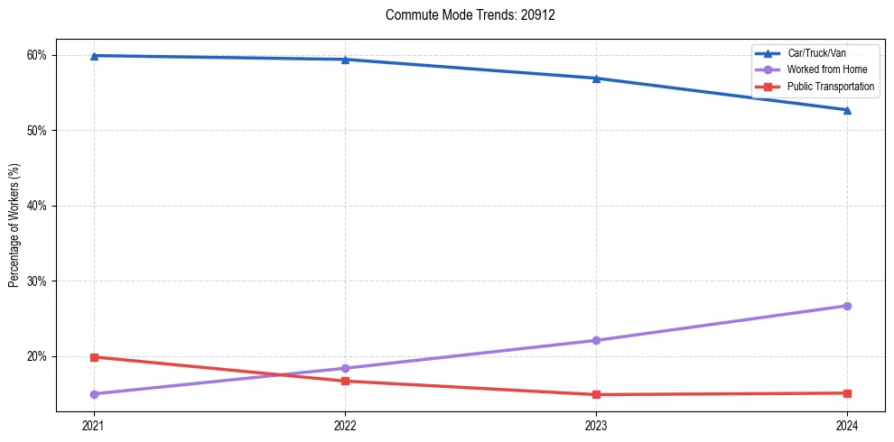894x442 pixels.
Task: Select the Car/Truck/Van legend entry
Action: click(816, 53)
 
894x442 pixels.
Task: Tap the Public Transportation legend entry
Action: click(830, 87)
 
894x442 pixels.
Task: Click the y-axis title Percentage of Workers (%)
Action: click(14, 225)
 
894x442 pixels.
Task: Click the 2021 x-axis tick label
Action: click(94, 425)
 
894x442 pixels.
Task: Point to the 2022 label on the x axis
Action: click(345, 425)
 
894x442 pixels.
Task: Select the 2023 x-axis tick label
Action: click(596, 425)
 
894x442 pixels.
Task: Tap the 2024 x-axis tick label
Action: click(847, 425)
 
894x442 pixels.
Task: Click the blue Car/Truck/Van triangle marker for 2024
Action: click(847, 110)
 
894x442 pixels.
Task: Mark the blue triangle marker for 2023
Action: click(596, 78)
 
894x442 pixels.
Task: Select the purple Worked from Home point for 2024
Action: click(847, 306)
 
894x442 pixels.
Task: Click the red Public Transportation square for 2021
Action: click(94, 357)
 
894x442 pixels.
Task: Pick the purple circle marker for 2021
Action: click(94, 394)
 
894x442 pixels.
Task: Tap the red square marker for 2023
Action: click(596, 394)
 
